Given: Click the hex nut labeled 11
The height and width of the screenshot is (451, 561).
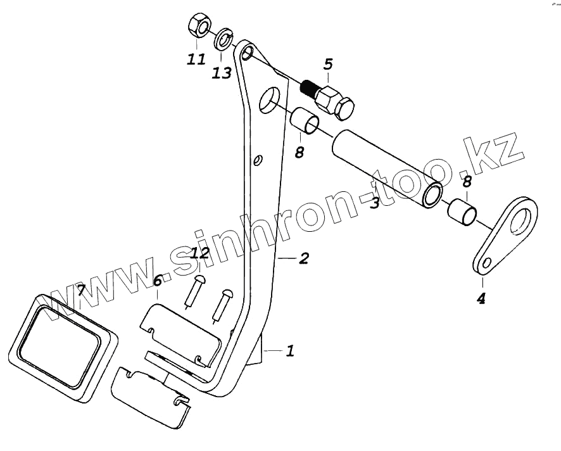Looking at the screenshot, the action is (x=198, y=27).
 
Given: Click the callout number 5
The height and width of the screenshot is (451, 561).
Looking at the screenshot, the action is (x=328, y=64).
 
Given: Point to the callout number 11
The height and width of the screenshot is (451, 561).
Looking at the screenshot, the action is (x=196, y=60).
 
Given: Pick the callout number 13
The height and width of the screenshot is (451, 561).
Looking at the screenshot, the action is (x=222, y=73).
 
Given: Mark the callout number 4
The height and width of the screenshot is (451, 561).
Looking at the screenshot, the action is (x=481, y=298).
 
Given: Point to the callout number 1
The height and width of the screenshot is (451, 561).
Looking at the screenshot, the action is (x=290, y=350).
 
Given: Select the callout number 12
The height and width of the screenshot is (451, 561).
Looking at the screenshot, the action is (x=199, y=254).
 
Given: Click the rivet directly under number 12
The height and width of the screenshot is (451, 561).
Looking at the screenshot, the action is (x=195, y=291).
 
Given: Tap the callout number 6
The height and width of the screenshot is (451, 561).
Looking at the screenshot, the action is (x=158, y=279).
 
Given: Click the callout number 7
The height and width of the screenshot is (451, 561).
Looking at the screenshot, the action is (x=80, y=291).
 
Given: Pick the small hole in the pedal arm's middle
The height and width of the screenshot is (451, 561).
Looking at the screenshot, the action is (x=256, y=160).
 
